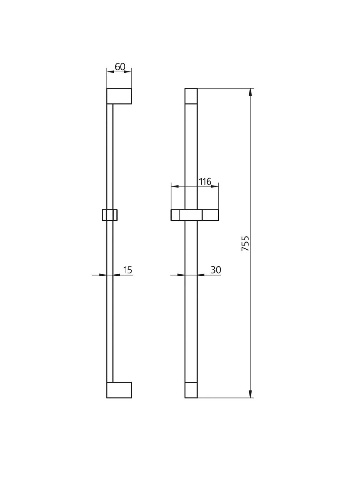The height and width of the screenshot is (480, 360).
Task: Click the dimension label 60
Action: click(120, 67)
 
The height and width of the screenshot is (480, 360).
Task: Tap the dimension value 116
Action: click(205, 181)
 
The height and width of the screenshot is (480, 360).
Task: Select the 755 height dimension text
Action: click(246, 244)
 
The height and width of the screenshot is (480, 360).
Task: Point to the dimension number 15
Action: click(127, 270)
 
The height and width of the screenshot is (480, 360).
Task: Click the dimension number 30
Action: click(216, 270)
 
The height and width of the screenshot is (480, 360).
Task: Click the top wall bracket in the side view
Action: click(119, 96)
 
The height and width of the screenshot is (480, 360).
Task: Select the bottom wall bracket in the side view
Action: click(119, 390)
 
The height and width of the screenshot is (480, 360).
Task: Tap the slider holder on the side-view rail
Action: click(109, 215)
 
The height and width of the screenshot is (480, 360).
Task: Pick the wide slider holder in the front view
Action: click(195, 215)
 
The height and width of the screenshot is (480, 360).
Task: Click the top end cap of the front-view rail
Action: click(191, 96)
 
